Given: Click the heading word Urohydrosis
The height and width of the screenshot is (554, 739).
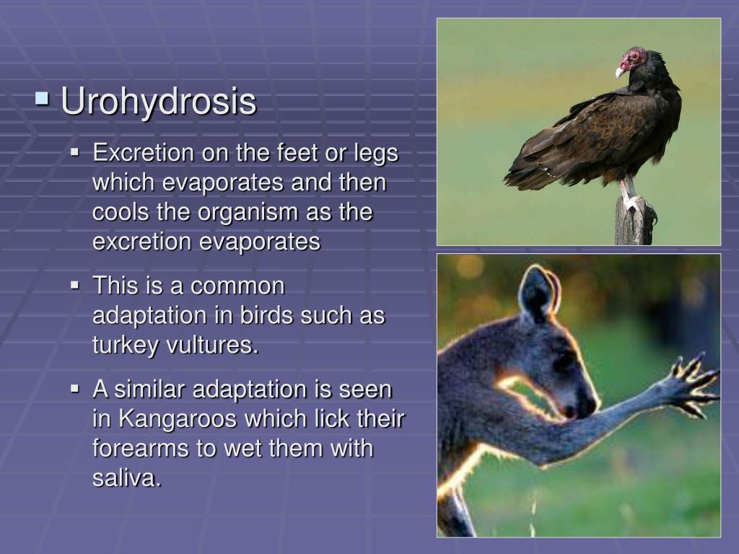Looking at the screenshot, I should coord(158,102).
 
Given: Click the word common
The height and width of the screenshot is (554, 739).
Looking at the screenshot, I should coord(238,286).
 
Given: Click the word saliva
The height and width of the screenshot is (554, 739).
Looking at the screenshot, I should coord(126,478).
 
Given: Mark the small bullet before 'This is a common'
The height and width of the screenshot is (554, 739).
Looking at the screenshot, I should coord(74,286).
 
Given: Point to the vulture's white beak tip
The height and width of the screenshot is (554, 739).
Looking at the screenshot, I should coord(618,72).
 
